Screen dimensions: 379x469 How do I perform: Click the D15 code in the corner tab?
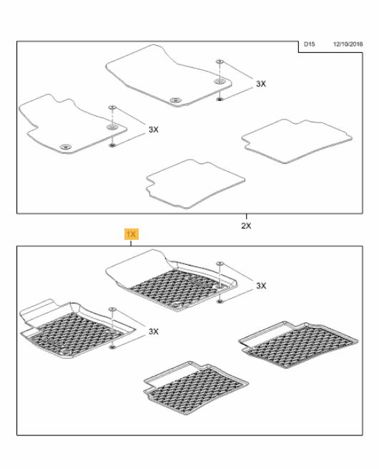309,44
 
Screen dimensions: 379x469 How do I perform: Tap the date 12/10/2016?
348,44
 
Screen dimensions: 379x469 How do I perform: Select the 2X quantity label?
246,226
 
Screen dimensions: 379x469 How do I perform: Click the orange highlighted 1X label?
132,234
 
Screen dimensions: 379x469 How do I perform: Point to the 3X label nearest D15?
261,84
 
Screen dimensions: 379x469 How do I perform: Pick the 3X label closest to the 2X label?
261,286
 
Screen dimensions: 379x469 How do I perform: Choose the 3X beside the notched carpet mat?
154,130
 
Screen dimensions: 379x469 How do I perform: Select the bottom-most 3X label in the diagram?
154,332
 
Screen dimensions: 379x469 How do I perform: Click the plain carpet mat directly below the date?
297,141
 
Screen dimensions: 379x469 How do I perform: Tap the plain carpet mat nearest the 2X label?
196,184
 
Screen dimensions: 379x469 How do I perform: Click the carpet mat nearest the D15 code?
169,77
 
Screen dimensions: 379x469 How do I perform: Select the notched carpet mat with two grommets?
72,124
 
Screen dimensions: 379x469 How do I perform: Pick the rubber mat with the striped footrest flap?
77,329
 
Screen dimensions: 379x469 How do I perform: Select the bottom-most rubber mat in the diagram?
196,388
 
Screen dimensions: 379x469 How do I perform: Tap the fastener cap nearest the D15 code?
220,62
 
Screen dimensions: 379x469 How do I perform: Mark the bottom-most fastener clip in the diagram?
112,347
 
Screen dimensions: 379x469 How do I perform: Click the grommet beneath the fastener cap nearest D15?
220,82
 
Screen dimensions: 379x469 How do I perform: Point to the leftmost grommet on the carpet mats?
65,147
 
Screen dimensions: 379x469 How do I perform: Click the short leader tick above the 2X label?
247,216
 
